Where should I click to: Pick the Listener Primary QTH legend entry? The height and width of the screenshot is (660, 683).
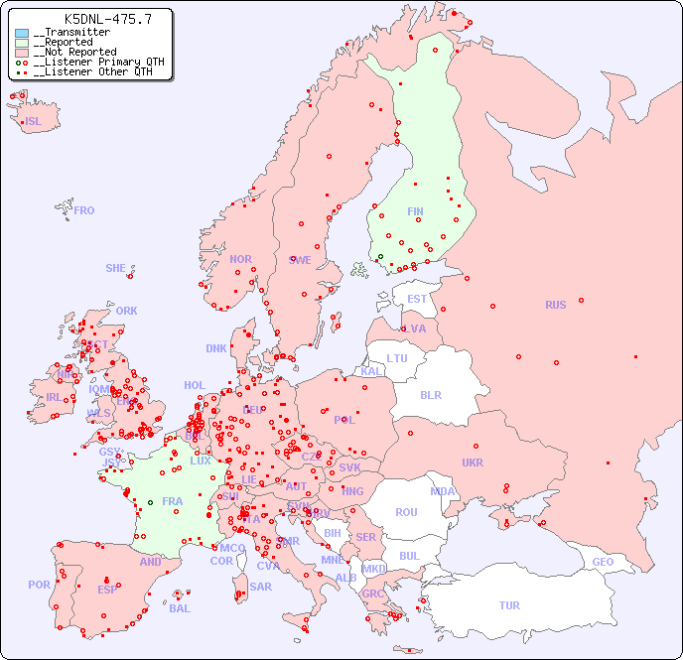(x=94, y=62)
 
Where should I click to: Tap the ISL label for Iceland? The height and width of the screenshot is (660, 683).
(x=34, y=122)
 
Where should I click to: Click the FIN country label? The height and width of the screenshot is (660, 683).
(x=415, y=211)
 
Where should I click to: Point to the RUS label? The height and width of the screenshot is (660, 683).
(x=555, y=305)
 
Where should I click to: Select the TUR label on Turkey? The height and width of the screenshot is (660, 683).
(x=509, y=605)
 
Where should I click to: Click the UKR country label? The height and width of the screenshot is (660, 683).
(x=473, y=462)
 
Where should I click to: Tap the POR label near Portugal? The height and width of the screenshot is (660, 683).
(x=39, y=585)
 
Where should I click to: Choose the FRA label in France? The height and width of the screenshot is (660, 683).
(x=173, y=501)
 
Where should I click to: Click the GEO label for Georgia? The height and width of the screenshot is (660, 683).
(x=603, y=562)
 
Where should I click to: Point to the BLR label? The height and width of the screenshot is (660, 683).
(x=430, y=394)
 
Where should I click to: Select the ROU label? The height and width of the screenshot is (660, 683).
(x=406, y=512)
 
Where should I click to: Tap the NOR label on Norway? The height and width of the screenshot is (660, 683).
(x=240, y=259)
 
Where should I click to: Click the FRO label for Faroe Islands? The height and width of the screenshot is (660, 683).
(x=83, y=210)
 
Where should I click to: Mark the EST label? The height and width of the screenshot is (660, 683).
(x=417, y=299)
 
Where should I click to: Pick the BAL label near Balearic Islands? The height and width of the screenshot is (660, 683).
(x=180, y=608)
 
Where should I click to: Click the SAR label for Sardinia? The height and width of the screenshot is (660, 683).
(x=260, y=587)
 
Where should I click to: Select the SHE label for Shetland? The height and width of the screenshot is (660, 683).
(x=116, y=268)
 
